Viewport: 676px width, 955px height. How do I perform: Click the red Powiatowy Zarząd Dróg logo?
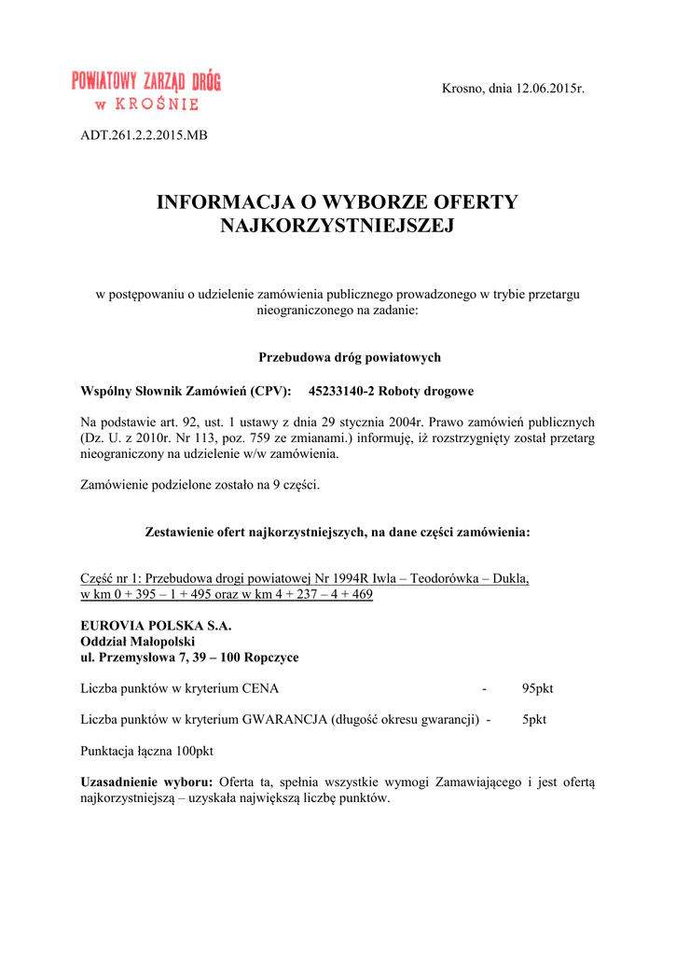pyautogui.click(x=146, y=90)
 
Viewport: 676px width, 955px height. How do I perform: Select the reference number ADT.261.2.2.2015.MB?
pyautogui.click(x=144, y=136)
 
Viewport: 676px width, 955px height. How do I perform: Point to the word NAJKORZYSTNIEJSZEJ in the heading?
pyautogui.click(x=337, y=226)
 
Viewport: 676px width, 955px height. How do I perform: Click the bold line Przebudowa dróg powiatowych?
pyautogui.click(x=337, y=358)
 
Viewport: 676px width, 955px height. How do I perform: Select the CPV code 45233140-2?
pyautogui.click(x=344, y=391)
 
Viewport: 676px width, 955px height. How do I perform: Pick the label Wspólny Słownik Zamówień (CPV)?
pyautogui.click(x=186, y=391)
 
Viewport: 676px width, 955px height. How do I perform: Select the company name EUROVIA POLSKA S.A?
pyautogui.click(x=156, y=626)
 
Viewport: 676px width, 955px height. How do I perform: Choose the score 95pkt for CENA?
pyautogui.click(x=537, y=689)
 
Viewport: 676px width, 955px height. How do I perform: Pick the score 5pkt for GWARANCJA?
pyautogui.click(x=534, y=720)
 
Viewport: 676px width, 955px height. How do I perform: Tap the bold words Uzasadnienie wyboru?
pyautogui.click(x=146, y=782)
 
